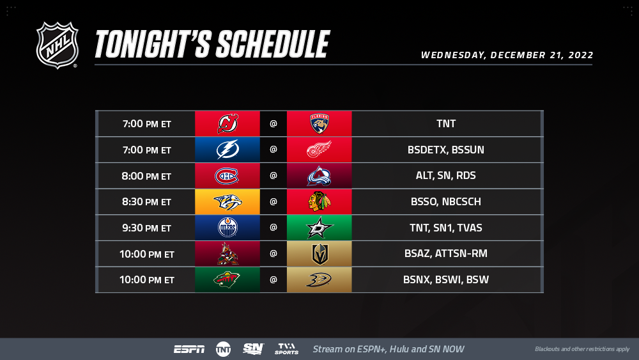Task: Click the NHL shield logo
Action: [57, 45]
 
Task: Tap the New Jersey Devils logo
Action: [228, 123]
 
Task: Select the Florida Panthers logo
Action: [319, 123]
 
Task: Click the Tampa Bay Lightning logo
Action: [227, 150]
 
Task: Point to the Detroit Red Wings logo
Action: [319, 150]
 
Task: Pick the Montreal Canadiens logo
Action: [227, 176]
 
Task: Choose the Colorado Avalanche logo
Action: [319, 176]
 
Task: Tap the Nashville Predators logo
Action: [228, 202]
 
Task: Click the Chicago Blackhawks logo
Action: [319, 201]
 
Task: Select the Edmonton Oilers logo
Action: [227, 228]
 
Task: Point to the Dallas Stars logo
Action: [319, 228]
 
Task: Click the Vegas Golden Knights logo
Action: [320, 254]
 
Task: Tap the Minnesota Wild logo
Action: [227, 279]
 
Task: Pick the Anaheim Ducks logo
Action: [319, 279]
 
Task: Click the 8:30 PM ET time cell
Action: [147, 202]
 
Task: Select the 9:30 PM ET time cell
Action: [147, 228]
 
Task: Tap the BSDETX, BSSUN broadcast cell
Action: [446, 150]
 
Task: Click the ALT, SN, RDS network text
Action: [446, 176]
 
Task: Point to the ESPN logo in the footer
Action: [189, 349]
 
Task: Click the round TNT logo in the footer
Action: [223, 349]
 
